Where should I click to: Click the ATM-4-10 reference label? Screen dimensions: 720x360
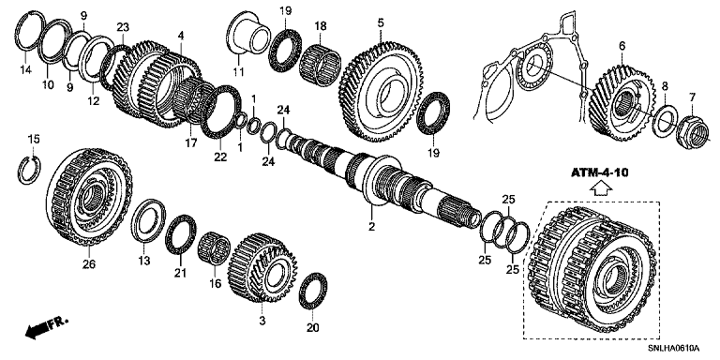click(x=599, y=173)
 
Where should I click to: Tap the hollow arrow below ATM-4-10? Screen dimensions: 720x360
click(x=601, y=188)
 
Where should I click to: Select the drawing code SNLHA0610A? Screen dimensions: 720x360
click(x=673, y=349)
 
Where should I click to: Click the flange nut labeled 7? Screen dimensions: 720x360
click(x=693, y=133)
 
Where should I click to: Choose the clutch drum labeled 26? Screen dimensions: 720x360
click(x=89, y=197)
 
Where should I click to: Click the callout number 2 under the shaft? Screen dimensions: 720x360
click(x=371, y=226)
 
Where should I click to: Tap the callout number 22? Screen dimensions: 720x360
click(x=220, y=157)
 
